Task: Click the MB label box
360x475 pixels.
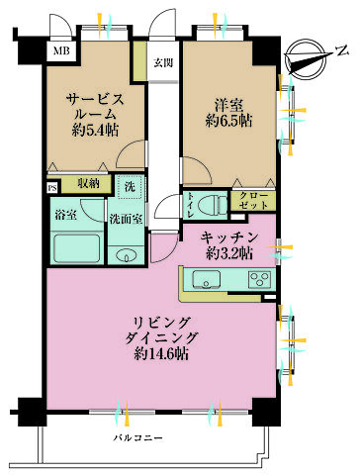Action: point(61,49)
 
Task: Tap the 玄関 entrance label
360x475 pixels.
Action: point(162,63)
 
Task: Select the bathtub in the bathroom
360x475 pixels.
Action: point(77,249)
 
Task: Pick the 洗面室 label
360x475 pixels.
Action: point(126,218)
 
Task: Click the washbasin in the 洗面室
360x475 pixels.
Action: point(127,256)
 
